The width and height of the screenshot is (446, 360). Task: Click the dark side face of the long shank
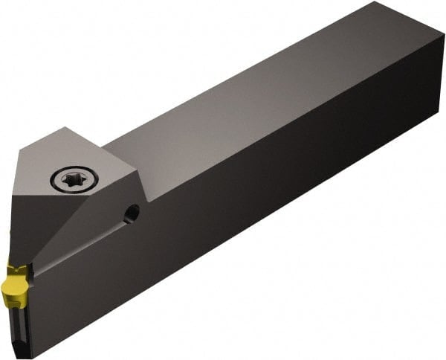tap(282, 208)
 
